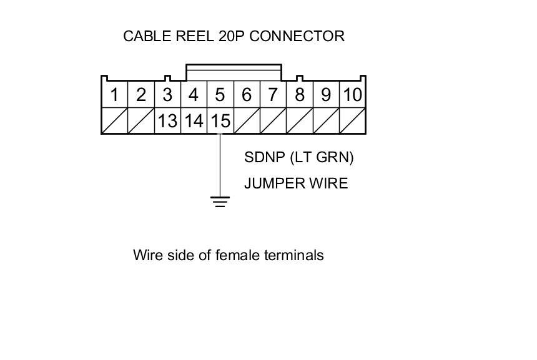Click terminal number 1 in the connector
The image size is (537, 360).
click(x=114, y=95)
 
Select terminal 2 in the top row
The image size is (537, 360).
click(x=140, y=95)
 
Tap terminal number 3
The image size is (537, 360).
click(x=167, y=95)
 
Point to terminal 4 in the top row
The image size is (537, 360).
click(x=194, y=95)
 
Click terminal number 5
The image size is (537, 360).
click(x=220, y=95)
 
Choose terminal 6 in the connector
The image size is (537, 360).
click(x=247, y=95)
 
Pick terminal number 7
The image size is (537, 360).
click(x=273, y=95)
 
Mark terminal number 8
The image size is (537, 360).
click(x=300, y=95)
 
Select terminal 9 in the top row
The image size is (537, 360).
click(x=326, y=95)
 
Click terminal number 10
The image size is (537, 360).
click(x=353, y=95)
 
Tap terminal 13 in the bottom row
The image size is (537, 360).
click(x=167, y=120)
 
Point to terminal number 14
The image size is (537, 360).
click(x=194, y=120)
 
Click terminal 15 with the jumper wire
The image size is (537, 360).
click(x=220, y=120)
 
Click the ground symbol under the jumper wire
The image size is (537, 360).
click(x=220, y=202)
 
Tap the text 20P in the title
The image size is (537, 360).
click(x=232, y=36)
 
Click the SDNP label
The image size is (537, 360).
click(x=265, y=157)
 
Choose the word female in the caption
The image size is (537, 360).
click(x=239, y=255)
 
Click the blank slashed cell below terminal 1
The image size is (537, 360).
click(x=114, y=120)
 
